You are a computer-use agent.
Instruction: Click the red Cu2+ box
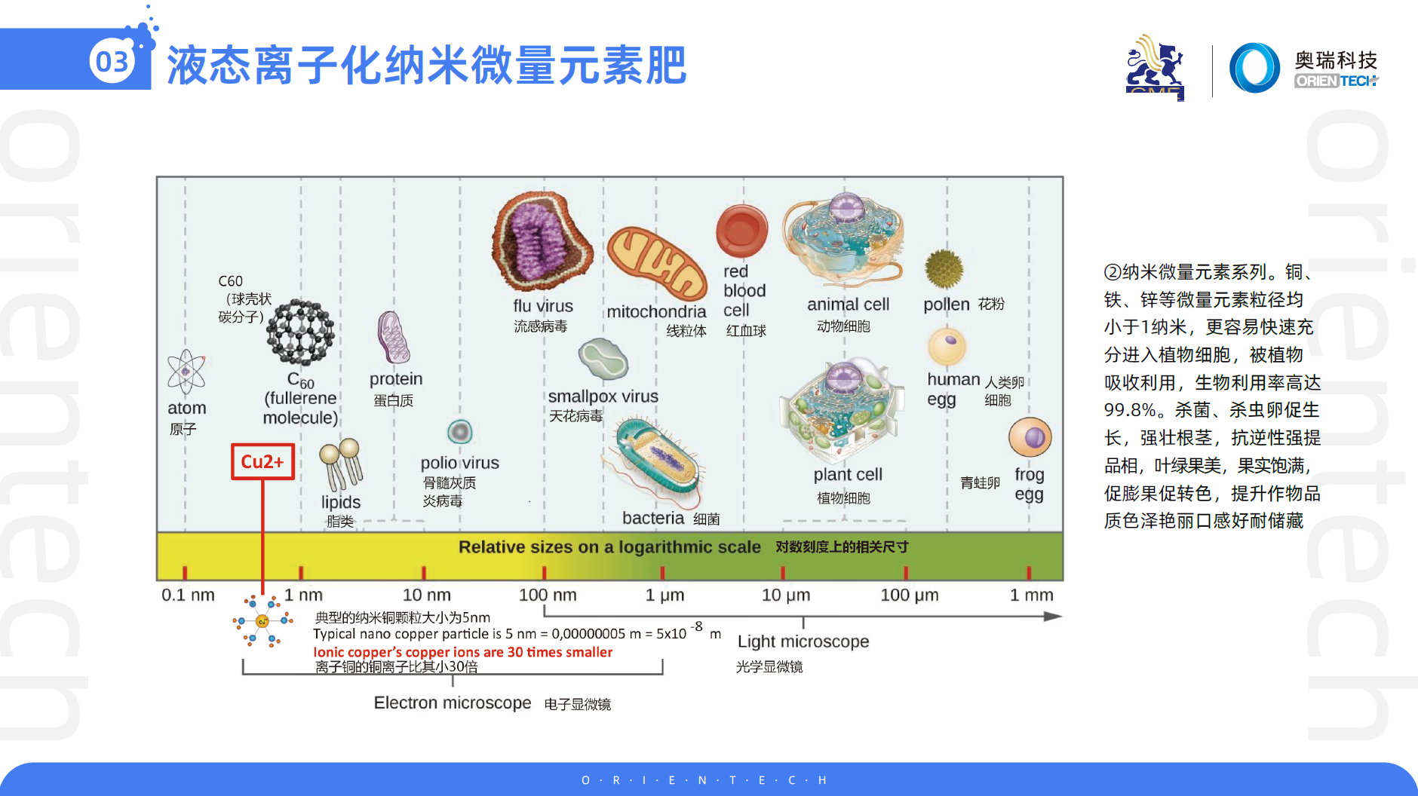coord(262,461)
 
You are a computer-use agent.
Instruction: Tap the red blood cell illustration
coord(741,231)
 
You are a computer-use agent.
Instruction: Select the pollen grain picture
coord(944,269)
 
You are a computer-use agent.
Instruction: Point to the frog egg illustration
coord(1030,437)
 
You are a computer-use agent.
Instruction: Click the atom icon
coord(186,372)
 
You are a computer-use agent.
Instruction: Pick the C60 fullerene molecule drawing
coord(300,332)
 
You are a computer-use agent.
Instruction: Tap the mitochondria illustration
coord(657,263)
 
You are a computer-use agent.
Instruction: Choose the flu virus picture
coord(542,241)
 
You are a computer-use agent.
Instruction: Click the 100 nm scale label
coord(548,595)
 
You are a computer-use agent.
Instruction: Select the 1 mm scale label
coord(1031,595)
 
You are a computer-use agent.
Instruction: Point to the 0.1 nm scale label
coord(188,595)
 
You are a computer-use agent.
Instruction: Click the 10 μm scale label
coord(786,595)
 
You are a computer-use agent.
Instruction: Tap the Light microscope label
coord(803,641)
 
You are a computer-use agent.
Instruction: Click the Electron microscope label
coord(453,703)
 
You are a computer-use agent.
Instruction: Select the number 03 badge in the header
coord(113,61)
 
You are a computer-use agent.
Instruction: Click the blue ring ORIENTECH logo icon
coord(1254,68)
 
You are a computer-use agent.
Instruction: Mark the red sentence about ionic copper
coord(462,652)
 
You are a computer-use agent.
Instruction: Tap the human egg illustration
coord(947,347)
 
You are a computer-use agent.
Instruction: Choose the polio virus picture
coord(459,432)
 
